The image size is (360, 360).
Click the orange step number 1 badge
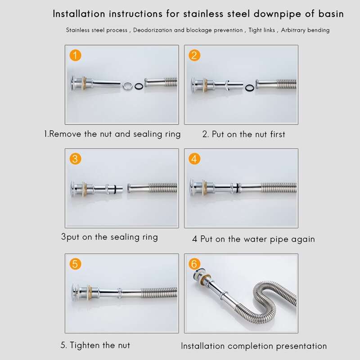click(x=76, y=56)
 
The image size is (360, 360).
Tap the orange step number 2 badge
click(x=194, y=56)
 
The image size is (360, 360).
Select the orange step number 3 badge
click(x=76, y=159)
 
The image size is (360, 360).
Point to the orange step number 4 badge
click(x=194, y=159)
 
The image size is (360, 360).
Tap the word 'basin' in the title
click(x=329, y=14)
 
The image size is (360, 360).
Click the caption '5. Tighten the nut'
click(x=95, y=345)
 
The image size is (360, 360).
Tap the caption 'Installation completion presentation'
click(x=253, y=346)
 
